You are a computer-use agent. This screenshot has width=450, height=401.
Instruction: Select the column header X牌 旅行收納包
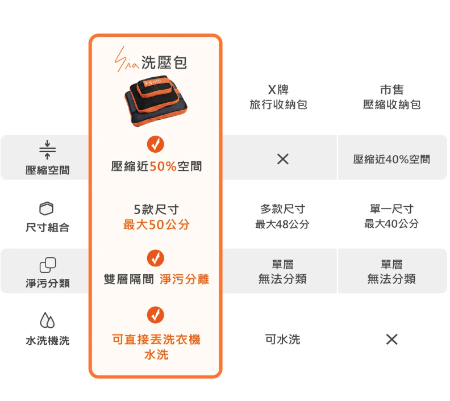point(278,97)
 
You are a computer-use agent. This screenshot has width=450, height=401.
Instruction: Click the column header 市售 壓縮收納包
point(391,97)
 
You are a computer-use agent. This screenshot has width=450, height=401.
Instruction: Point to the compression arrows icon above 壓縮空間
point(47,149)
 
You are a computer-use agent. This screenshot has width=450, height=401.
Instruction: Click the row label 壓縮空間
point(47,170)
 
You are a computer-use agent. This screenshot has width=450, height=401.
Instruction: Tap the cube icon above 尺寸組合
point(47,208)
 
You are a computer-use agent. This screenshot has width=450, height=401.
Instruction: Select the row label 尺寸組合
point(47,227)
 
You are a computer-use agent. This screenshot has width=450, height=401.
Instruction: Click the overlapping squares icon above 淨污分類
point(47,264)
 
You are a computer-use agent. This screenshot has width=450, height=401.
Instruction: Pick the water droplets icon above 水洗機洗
point(47,320)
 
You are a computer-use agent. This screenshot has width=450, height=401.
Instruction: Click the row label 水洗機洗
point(47,341)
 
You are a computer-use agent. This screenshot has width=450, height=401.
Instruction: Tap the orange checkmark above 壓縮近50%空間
point(155,145)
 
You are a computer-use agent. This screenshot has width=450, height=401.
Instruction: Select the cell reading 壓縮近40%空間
point(391,160)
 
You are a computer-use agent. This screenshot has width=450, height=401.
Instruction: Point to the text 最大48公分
point(282,224)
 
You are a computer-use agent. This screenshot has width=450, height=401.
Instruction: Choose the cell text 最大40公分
point(391,224)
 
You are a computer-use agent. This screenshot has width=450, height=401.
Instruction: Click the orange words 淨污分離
point(184,279)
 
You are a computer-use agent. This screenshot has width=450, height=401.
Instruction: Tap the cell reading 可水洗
point(282,340)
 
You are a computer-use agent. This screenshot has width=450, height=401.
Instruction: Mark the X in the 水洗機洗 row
point(391,340)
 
